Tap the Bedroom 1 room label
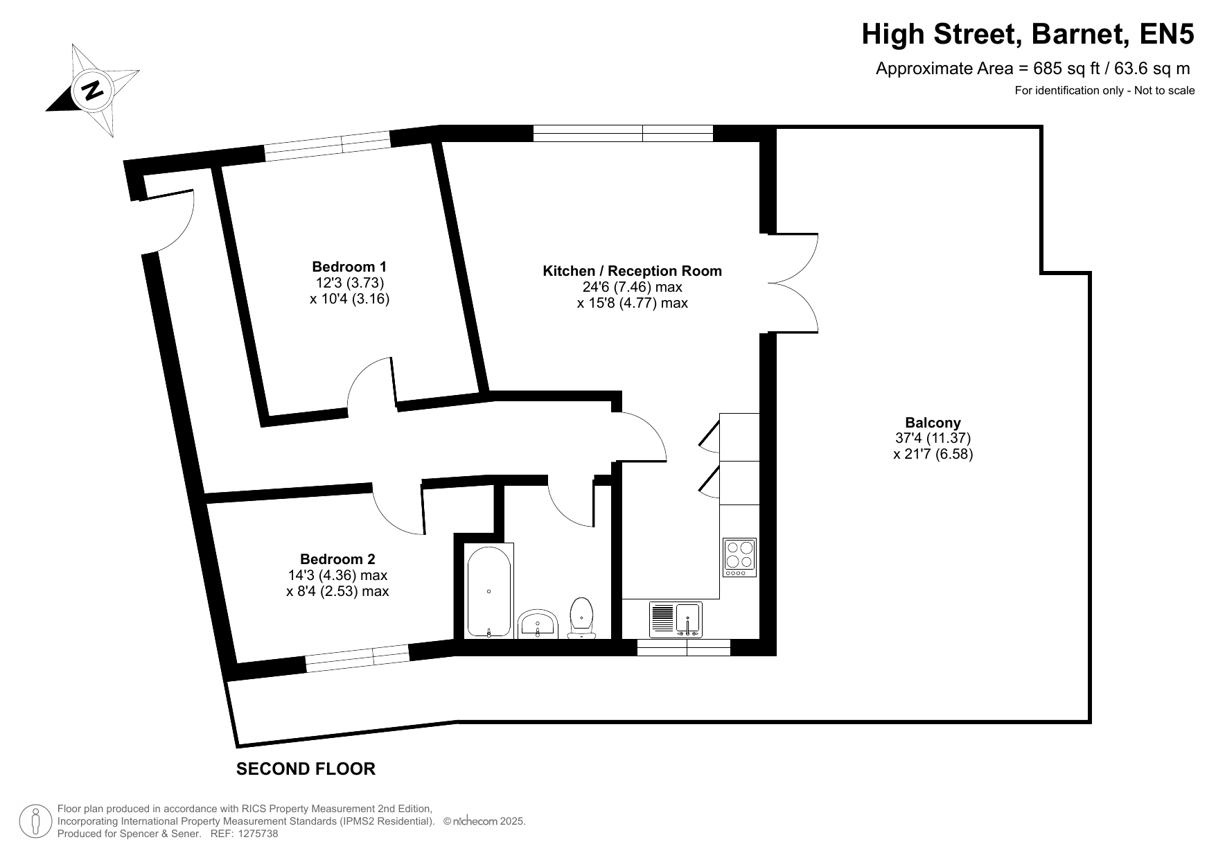pyautogui.click(x=349, y=267)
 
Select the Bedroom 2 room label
pyautogui.click(x=337, y=559)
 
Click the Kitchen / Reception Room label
pyautogui.click(x=632, y=271)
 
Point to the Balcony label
pyautogui.click(x=933, y=423)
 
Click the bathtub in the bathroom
pyautogui.click(x=489, y=590)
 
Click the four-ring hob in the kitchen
pyautogui.click(x=739, y=557)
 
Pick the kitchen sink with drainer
pyautogui.click(x=676, y=620)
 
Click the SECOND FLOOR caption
pyautogui.click(x=306, y=769)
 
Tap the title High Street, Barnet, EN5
pyautogui.click(x=1028, y=34)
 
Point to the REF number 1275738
pyautogui.click(x=258, y=834)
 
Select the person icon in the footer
pyautogui.click(x=35, y=822)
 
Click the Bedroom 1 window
pyautogui.click(x=328, y=146)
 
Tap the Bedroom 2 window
pyautogui.click(x=358, y=658)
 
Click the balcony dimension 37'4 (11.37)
pyautogui.click(x=933, y=438)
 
